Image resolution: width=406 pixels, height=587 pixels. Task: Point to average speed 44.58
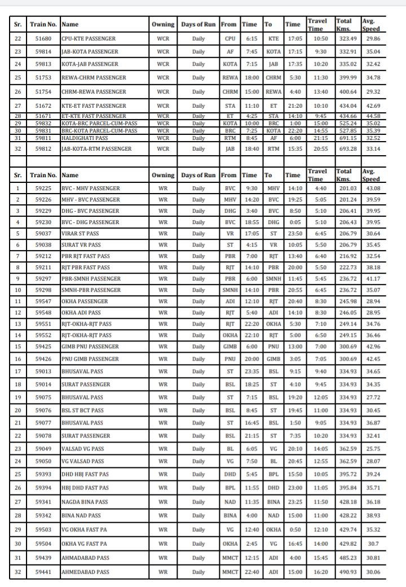370,116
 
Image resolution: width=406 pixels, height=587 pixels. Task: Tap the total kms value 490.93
346,572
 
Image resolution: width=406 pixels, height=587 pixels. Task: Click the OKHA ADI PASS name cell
81,312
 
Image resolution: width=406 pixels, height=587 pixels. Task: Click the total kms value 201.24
346,199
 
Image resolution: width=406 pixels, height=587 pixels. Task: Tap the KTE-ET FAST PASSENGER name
94,106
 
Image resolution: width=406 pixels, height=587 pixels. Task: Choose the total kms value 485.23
346,558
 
